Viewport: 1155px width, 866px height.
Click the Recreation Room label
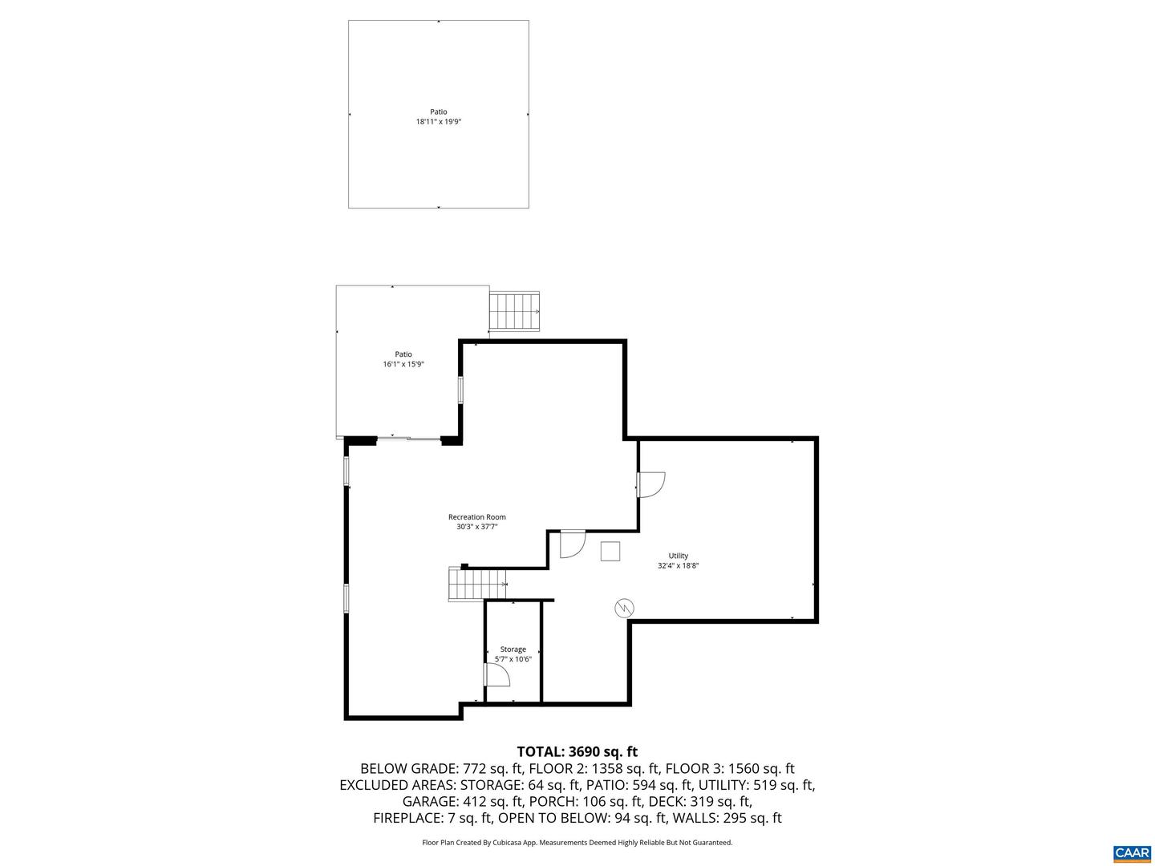(x=476, y=517)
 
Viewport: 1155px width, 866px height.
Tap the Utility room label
(x=679, y=555)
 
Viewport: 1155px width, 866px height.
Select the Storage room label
(x=513, y=649)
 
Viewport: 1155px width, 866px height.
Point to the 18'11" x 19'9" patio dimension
(x=439, y=121)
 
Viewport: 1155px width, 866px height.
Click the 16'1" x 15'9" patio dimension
(x=403, y=364)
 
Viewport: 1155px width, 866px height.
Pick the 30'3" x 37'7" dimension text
(x=477, y=526)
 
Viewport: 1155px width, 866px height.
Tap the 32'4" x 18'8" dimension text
(x=679, y=565)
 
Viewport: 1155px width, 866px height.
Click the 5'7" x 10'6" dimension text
(x=513, y=659)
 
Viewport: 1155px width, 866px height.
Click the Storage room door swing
(x=497, y=674)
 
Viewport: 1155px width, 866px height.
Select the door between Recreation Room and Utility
(x=651, y=484)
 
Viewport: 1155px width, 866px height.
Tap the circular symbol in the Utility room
(x=624, y=609)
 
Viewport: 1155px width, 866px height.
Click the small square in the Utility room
(x=610, y=551)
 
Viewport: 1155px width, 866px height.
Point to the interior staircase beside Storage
(x=477, y=584)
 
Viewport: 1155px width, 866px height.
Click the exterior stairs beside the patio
(x=515, y=311)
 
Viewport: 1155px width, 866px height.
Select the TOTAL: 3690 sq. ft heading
(x=577, y=751)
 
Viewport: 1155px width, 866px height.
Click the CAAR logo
(x=1132, y=852)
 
